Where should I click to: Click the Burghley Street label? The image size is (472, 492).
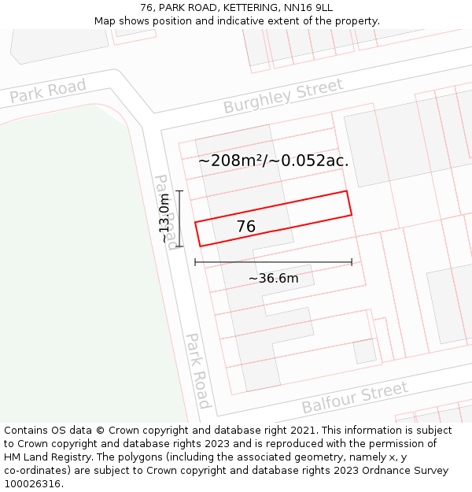point(283,96)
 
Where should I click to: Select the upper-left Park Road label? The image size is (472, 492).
point(48,92)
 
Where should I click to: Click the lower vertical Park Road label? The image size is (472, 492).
point(198,371)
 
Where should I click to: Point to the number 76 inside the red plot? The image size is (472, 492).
point(246,227)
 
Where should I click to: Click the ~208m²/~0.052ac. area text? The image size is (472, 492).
point(273,161)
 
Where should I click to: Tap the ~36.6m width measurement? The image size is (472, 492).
point(273,279)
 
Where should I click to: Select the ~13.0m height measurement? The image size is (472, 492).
point(165,219)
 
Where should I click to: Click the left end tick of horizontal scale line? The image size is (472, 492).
point(195,262)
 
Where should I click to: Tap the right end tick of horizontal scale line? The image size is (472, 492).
point(352,262)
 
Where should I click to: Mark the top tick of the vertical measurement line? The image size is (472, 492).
point(179,191)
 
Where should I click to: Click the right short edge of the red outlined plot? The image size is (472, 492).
point(348,203)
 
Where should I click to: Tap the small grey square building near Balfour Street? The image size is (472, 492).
point(364,351)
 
